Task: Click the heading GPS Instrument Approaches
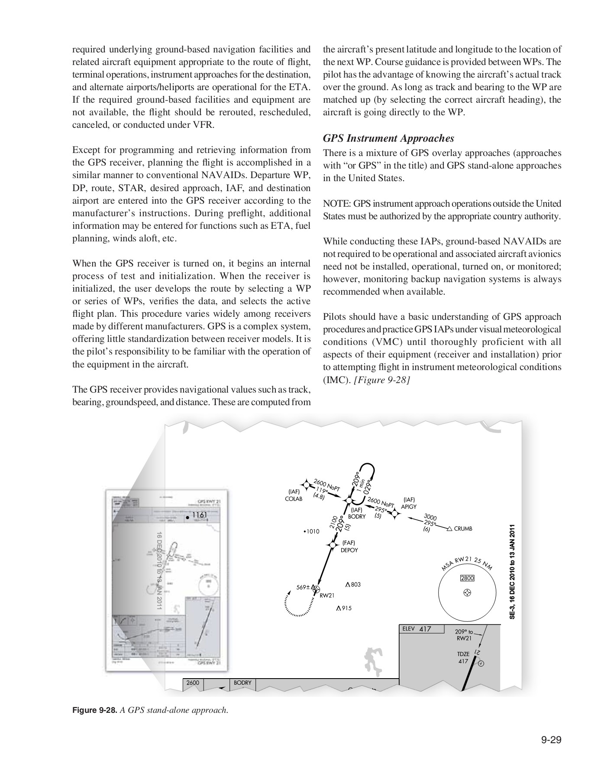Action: [388, 139]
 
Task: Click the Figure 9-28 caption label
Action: [93, 710]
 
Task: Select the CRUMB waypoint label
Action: [463, 529]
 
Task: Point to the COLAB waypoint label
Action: [294, 498]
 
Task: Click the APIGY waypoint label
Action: [409, 506]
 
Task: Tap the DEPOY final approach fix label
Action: [349, 550]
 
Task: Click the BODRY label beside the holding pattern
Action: [357, 517]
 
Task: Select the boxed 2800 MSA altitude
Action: [467, 578]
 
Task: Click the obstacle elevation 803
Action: [356, 585]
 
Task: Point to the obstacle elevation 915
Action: [346, 608]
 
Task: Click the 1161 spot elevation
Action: [200, 515]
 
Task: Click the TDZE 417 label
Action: [463, 658]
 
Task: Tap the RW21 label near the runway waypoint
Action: [327, 595]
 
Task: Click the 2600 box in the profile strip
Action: [193, 683]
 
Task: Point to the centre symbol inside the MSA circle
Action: [467, 592]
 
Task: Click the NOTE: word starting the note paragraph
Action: [337, 204]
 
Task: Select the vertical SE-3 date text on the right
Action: [512, 572]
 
